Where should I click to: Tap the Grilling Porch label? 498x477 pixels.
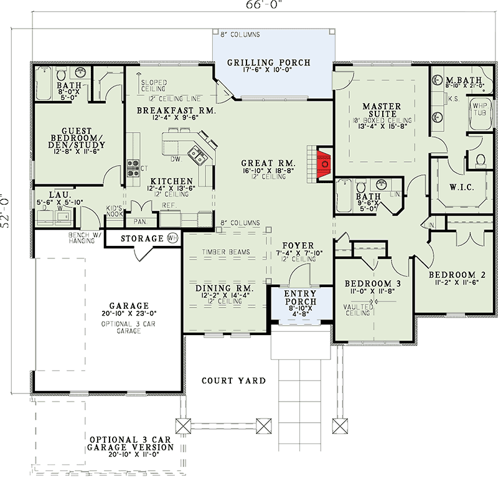268,62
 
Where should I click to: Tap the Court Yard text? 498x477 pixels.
233,380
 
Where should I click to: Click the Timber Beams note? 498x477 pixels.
225,252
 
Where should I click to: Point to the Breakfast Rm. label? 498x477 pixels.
176,110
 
